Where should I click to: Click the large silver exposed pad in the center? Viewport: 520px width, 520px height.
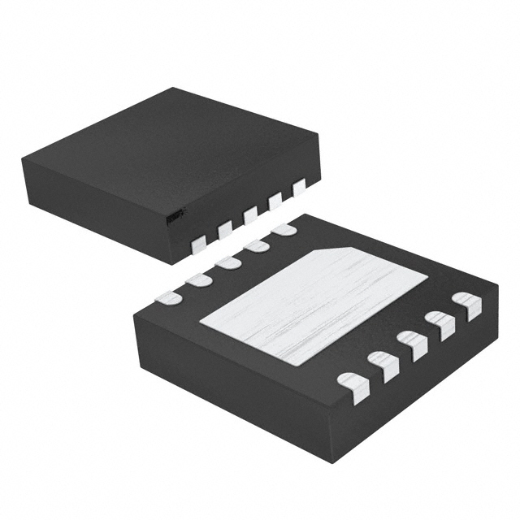click(313, 304)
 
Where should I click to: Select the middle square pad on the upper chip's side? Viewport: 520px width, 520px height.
click(250, 214)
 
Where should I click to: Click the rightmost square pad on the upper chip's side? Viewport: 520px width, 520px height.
click(299, 188)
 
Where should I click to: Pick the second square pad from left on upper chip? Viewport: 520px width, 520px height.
click(225, 229)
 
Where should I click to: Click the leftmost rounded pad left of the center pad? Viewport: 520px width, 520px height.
click(169, 297)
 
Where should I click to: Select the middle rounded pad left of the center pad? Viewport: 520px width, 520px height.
click(227, 262)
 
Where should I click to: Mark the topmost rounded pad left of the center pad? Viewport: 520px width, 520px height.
click(284, 230)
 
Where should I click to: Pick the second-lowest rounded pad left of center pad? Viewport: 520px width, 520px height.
click(198, 279)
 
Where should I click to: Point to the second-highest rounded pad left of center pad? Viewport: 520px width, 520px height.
click(256, 245)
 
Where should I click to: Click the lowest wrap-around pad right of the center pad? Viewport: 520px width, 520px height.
click(353, 383)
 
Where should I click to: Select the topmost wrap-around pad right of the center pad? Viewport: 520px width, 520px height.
click(467, 305)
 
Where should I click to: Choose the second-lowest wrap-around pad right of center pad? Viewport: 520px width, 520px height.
click(383, 364)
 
